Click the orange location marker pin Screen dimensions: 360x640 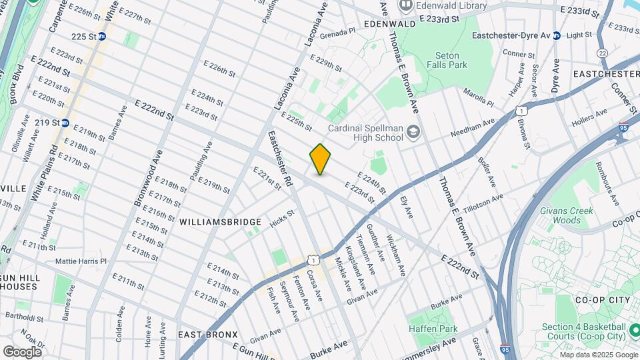coord(321,159)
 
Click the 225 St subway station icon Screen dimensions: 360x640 coord(102,37)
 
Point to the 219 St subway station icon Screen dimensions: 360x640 coord(65,123)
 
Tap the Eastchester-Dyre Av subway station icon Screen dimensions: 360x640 coord(556,35)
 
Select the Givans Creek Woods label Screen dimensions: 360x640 coord(567,215)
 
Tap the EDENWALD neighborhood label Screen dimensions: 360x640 coord(390,23)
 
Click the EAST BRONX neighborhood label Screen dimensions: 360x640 coord(208,334)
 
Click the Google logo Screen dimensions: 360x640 coord(22,352)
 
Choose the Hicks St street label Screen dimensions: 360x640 coord(282,219)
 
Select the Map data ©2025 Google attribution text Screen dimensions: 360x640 coord(598,355)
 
